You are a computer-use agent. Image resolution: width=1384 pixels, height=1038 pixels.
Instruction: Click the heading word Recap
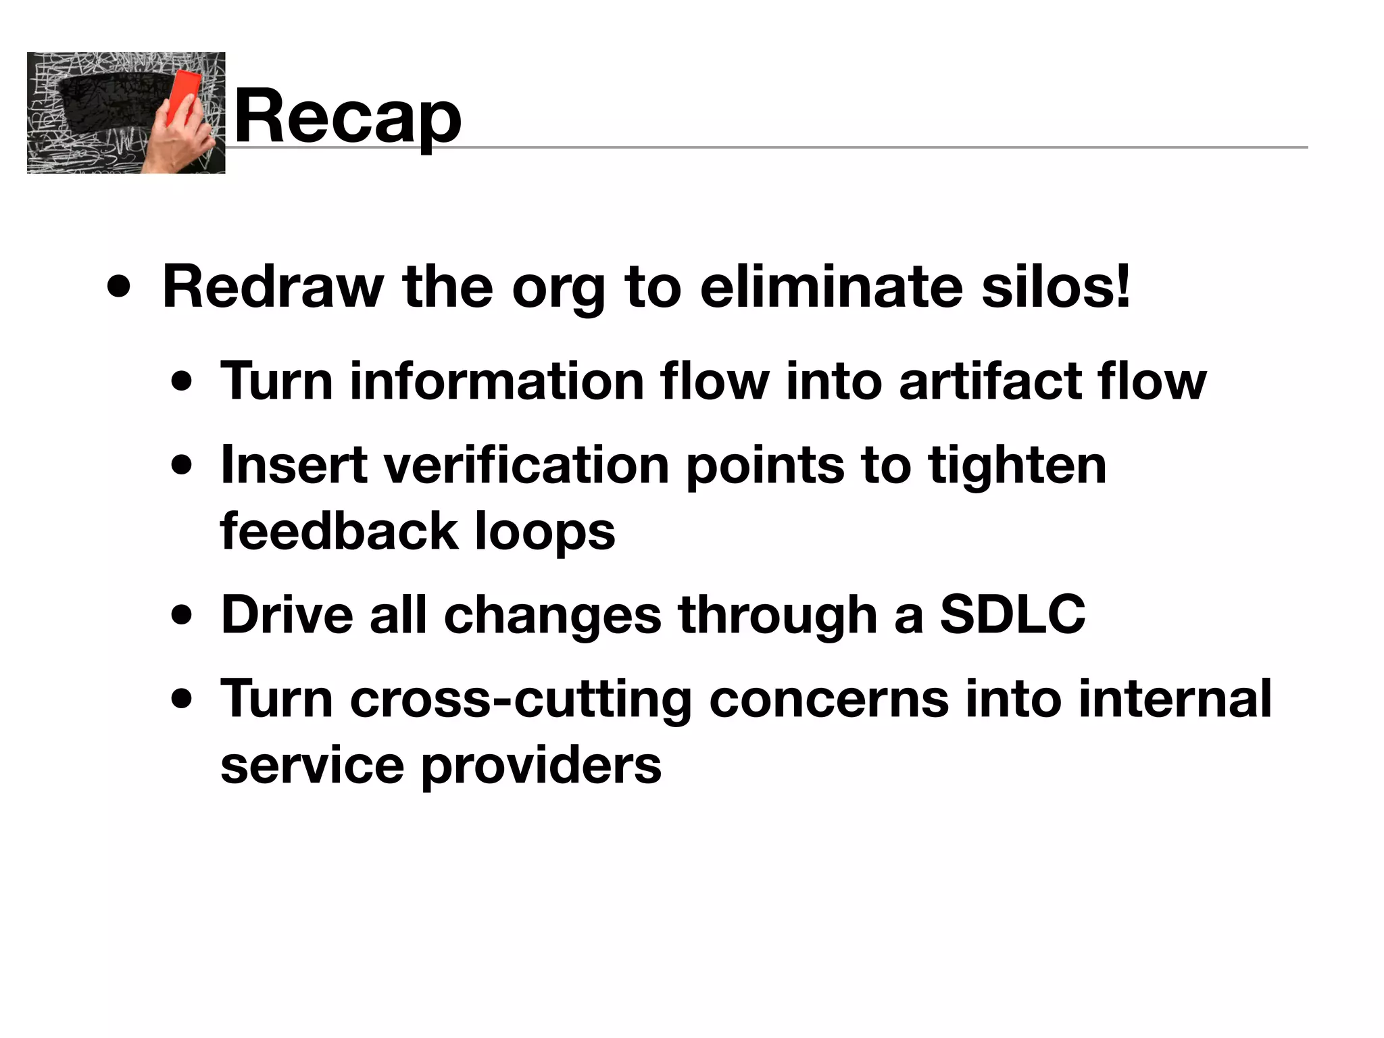pyautogui.click(x=347, y=116)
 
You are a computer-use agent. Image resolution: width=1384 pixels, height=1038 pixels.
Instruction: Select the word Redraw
pyautogui.click(x=273, y=287)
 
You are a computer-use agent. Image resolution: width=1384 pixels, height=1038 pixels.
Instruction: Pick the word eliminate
pyautogui.click(x=831, y=287)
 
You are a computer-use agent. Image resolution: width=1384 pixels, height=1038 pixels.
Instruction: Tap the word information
pyautogui.click(x=496, y=381)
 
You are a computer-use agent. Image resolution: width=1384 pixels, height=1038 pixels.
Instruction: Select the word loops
pyautogui.click(x=545, y=531)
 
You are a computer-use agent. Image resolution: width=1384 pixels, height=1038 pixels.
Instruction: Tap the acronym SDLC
pyautogui.click(x=1012, y=615)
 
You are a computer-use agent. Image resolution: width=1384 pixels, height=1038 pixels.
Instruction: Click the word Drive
pyautogui.click(x=287, y=615)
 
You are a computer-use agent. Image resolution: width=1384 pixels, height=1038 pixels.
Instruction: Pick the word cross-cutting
pyautogui.click(x=520, y=699)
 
